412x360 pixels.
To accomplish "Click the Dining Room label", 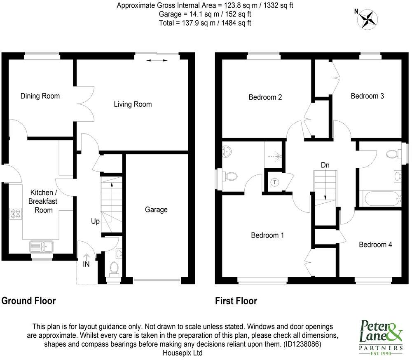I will [x=40, y=96].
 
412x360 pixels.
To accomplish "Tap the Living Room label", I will [x=133, y=104].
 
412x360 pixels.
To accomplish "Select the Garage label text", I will [x=156, y=209].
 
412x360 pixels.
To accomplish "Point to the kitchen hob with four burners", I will [x=16, y=214].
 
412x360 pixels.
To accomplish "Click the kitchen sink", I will [x=41, y=247].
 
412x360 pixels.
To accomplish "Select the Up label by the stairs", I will [x=95, y=221].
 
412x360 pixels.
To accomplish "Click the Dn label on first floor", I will [x=325, y=165].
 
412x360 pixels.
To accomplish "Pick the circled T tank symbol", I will [x=274, y=182].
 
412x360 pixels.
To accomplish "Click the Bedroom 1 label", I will [x=267, y=235].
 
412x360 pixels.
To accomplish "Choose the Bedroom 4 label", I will [x=375, y=245].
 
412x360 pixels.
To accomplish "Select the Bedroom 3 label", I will [x=367, y=96].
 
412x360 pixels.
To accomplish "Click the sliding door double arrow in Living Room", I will [x=157, y=61].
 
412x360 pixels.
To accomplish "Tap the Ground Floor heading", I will [x=28, y=301].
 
